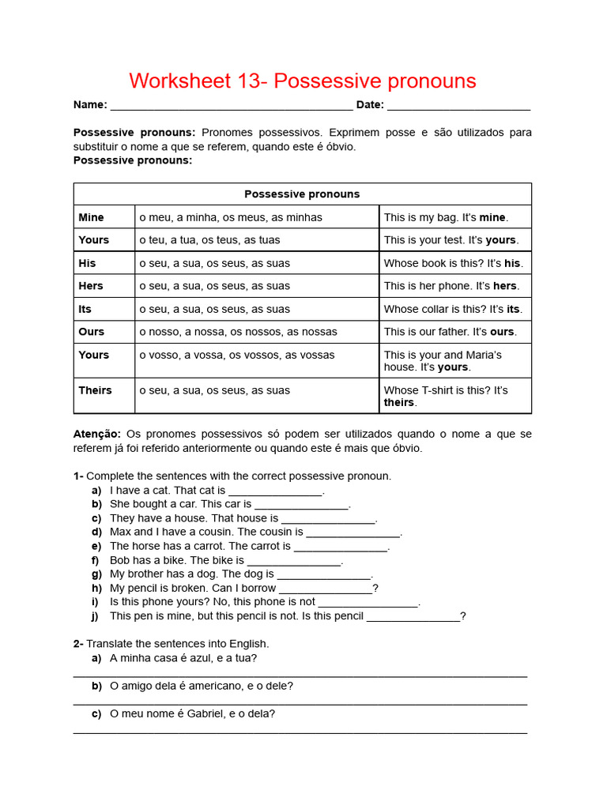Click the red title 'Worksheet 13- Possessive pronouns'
point(303,81)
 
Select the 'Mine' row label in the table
point(91,217)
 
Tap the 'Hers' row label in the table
point(91,286)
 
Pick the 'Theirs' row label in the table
point(95,390)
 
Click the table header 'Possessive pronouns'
point(302,194)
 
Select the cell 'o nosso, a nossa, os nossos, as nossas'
point(238,332)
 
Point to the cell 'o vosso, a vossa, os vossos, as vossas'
point(236,355)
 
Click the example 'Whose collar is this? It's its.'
point(453,309)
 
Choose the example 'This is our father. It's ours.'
point(449,332)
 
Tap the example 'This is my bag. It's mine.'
point(446,217)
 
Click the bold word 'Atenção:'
point(97,434)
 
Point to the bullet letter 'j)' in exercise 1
point(96,616)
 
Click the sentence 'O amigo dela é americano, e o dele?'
point(202,686)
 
